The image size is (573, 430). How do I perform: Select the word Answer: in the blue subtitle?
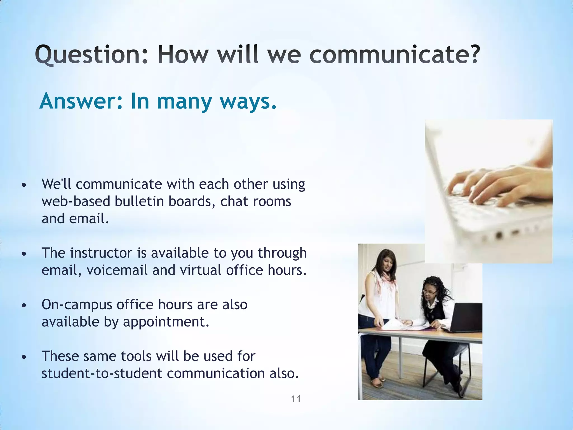[x=81, y=101]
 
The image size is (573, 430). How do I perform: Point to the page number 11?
[x=296, y=399]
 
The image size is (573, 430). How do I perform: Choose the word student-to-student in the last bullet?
[x=102, y=373]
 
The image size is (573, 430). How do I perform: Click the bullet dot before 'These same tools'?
[x=24, y=357]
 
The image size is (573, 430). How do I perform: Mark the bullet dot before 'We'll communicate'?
[x=24, y=185]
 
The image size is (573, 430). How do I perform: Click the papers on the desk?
[x=397, y=325]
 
